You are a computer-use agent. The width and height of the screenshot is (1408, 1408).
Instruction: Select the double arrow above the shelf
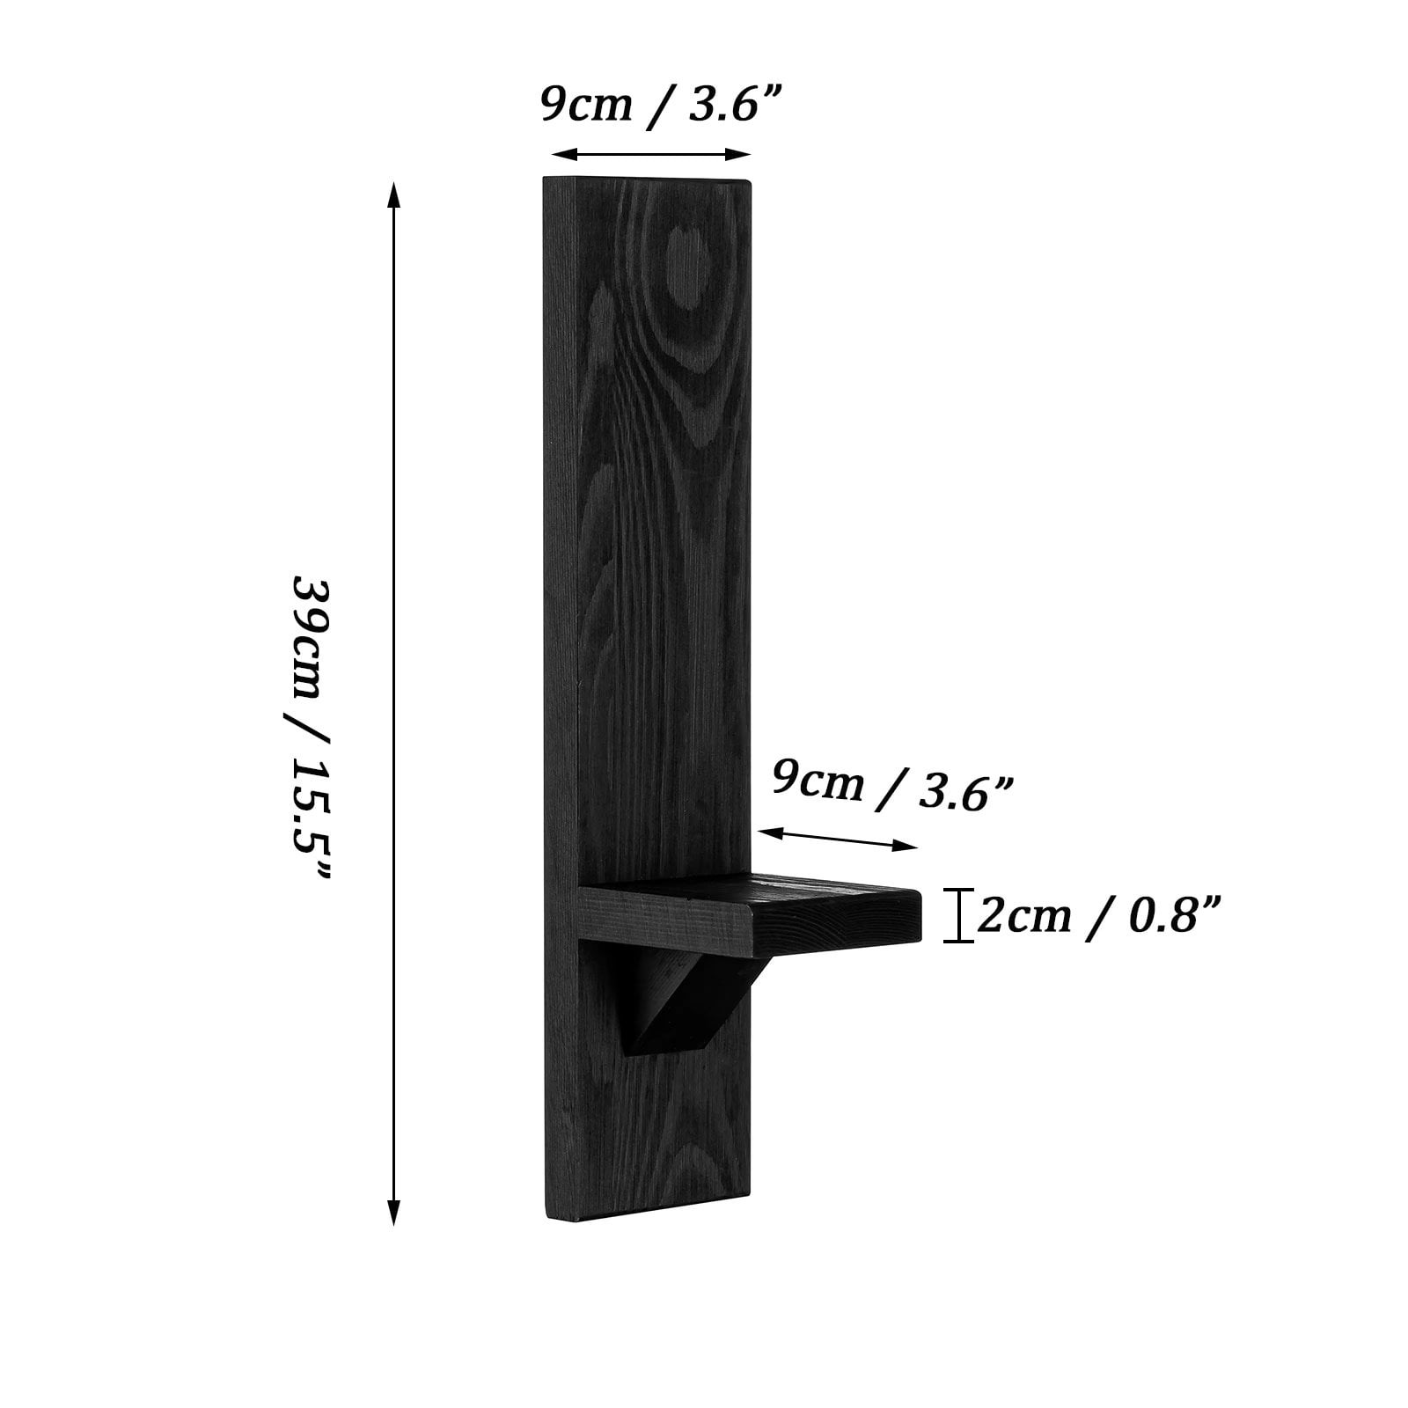[x=838, y=839]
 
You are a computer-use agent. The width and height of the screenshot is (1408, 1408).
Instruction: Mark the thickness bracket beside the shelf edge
[x=958, y=916]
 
